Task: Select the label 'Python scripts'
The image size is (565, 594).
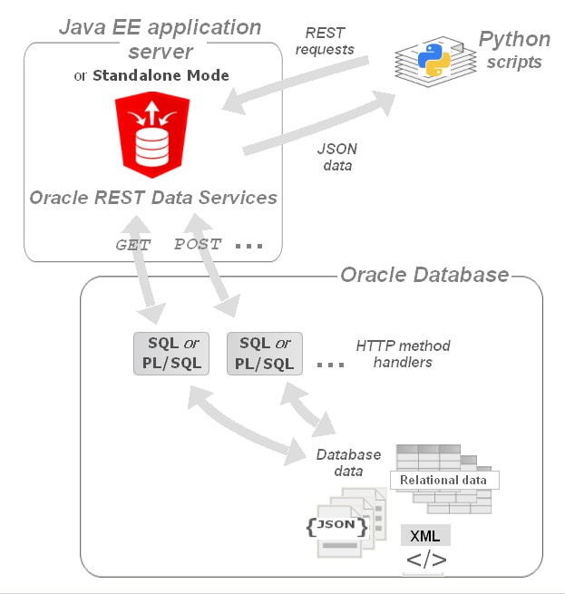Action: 513,50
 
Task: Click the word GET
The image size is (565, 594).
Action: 132,245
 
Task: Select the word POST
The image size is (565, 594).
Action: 196,245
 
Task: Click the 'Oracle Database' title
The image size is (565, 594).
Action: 424,274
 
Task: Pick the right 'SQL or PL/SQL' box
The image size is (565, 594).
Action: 264,354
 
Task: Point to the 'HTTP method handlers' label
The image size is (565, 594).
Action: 403,354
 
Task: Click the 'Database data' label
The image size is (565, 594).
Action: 340,463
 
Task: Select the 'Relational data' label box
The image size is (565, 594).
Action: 444,480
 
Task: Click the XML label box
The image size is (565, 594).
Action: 425,535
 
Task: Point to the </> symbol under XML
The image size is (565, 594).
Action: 425,560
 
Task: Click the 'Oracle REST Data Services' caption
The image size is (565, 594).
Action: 152,197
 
